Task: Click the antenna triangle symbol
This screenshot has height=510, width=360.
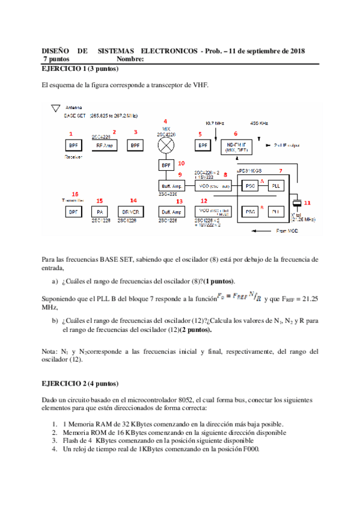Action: [56, 107]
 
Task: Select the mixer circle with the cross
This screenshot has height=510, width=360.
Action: [166, 145]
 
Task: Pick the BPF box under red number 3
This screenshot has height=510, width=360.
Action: [136, 146]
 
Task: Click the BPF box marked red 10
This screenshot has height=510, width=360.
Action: [166, 165]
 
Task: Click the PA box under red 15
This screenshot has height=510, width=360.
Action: [100, 212]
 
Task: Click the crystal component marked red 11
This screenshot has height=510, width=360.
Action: [297, 202]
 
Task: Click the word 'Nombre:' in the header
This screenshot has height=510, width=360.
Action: [130, 60]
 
